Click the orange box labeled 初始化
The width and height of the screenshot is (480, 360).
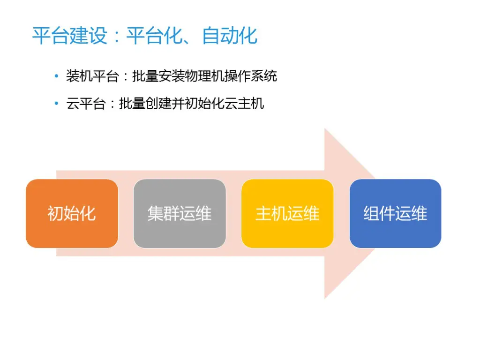click(x=72, y=213)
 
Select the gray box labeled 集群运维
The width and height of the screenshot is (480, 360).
click(x=180, y=213)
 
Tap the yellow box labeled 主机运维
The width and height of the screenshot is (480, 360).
click(x=287, y=213)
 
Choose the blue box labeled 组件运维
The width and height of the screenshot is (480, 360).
click(x=396, y=213)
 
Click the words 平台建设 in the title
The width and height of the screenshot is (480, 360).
click(x=70, y=36)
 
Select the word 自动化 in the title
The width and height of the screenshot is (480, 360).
click(x=230, y=36)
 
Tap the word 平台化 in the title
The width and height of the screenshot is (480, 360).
click(x=154, y=36)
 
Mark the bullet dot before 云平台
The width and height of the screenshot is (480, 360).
click(x=56, y=103)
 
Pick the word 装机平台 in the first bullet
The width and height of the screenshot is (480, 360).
click(x=92, y=76)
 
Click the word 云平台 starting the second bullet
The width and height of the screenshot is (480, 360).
click(x=86, y=104)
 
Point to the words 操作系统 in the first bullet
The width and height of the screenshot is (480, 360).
click(x=251, y=76)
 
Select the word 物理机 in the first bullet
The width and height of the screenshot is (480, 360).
click(x=204, y=76)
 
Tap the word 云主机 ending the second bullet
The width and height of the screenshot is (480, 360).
click(x=244, y=104)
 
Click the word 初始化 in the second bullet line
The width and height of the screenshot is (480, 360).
click(x=204, y=104)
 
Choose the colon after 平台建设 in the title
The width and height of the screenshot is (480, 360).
click(x=117, y=36)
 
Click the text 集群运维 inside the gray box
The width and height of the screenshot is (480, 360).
click(x=180, y=213)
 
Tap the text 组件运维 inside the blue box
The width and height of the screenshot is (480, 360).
click(x=396, y=213)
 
